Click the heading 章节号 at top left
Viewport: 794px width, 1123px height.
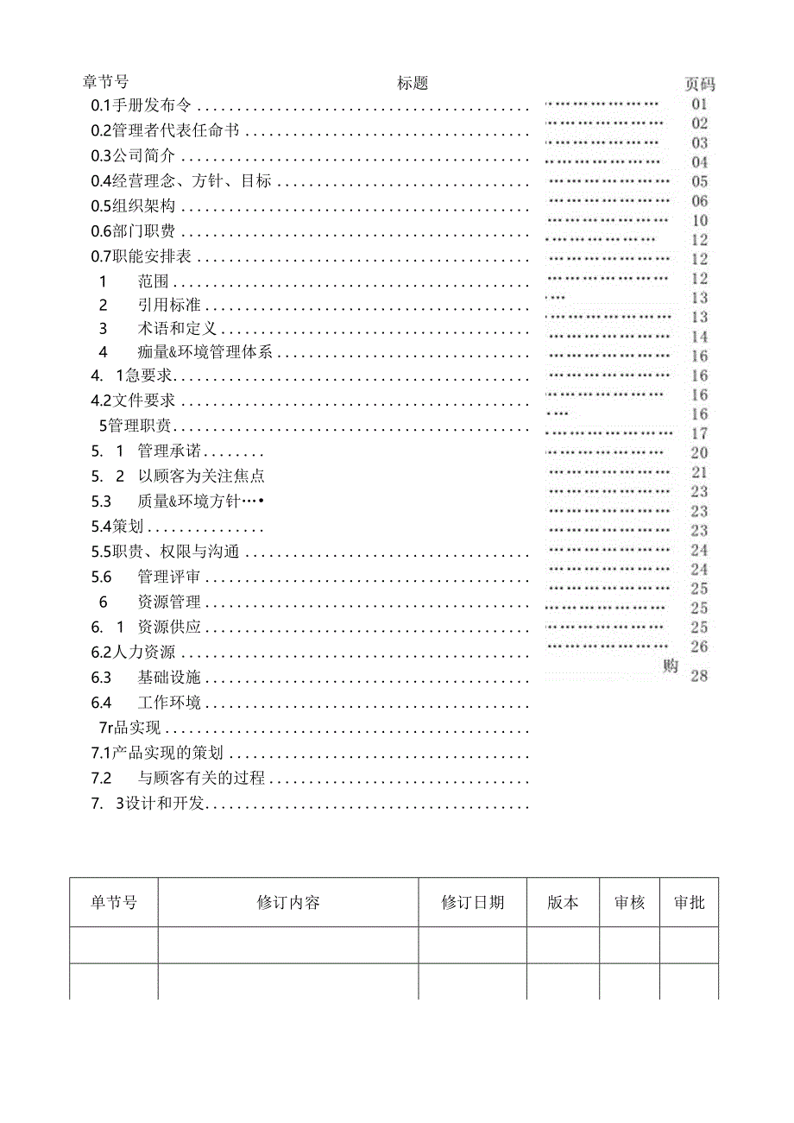pos(105,82)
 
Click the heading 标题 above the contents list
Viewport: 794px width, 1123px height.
pos(413,83)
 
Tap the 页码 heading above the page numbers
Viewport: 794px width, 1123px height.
pos(700,84)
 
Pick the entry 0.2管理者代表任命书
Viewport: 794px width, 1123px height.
pos(165,131)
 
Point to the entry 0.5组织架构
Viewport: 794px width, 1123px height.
pos(133,206)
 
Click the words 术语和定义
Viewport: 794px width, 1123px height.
pos(176,329)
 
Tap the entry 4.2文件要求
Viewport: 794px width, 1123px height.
pos(133,401)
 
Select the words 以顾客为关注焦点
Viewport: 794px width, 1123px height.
pos(200,476)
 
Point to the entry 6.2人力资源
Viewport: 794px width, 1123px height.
pos(133,653)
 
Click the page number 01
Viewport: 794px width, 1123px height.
pos(699,103)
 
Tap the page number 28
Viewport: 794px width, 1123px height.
pos(699,675)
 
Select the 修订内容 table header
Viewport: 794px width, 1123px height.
pos(288,903)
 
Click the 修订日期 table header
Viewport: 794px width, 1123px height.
pos(473,903)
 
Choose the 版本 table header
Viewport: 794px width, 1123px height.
pos(563,903)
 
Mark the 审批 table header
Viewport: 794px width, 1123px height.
pos(689,903)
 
